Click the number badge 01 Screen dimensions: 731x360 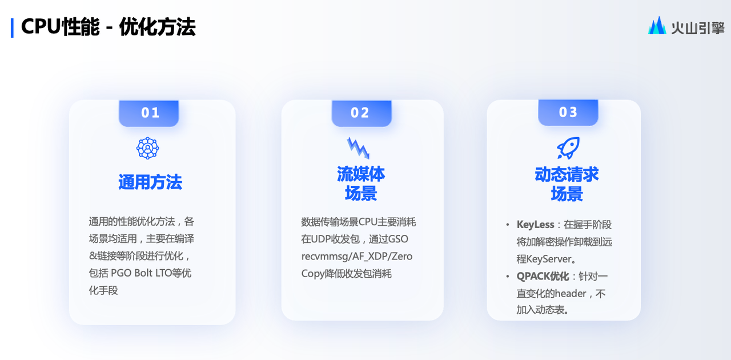[x=149, y=113]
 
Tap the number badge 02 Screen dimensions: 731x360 [x=362, y=113]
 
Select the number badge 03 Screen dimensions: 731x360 [x=568, y=113]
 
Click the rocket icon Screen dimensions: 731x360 [x=568, y=148]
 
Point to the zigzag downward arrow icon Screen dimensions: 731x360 [x=358, y=148]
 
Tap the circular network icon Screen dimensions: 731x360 [x=147, y=148]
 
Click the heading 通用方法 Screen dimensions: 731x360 [x=150, y=182]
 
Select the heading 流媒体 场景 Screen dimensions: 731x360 [x=361, y=183]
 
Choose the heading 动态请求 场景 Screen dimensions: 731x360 [x=567, y=184]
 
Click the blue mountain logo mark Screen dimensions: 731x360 [x=657, y=26]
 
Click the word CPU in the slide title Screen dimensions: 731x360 [x=41, y=27]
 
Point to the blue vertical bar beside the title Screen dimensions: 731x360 [x=12, y=28]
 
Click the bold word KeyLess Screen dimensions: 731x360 [x=535, y=225]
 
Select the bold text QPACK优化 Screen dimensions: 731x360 [x=543, y=277]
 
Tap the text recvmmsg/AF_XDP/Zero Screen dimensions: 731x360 [x=357, y=257]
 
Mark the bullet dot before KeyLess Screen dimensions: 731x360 [x=508, y=225]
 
